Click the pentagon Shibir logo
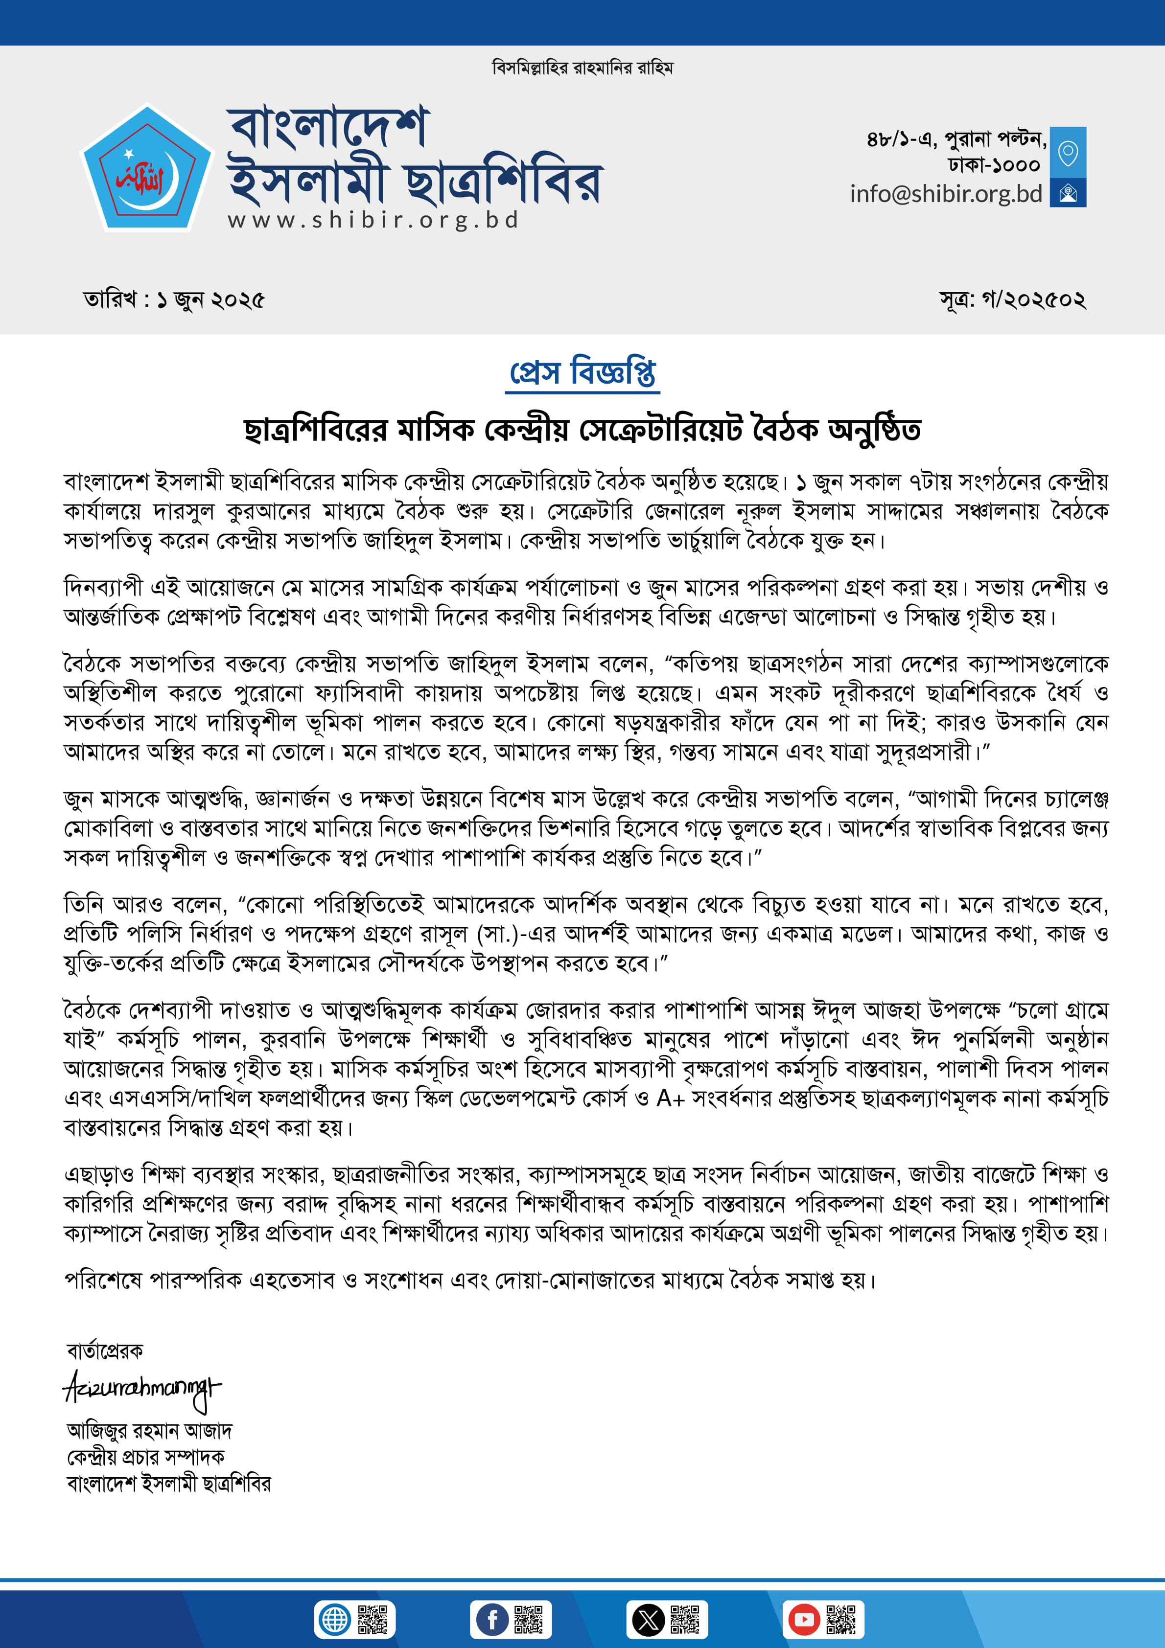click(147, 169)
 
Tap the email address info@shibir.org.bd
click(945, 194)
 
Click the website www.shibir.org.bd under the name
click(373, 220)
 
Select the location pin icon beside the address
click(1068, 152)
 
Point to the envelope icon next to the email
click(1068, 193)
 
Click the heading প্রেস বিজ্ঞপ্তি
click(582, 372)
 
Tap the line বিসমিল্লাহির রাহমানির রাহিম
click(582, 68)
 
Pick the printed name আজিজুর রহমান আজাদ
click(149, 1431)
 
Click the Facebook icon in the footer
click(493, 1619)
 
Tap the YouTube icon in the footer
click(804, 1619)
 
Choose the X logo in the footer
click(649, 1619)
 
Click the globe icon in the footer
click(334, 1619)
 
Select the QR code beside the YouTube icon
click(841, 1619)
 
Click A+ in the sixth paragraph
click(670, 1098)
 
